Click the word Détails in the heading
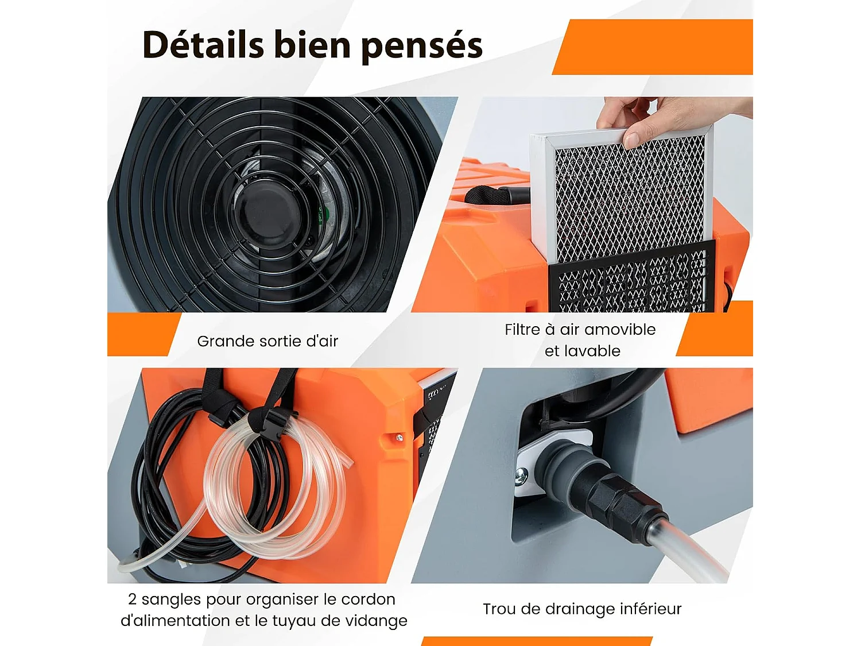[x=203, y=45]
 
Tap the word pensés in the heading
[x=422, y=46]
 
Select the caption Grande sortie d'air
[x=267, y=341]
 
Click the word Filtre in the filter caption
[x=522, y=330]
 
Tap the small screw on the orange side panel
[x=400, y=438]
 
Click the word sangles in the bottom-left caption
[x=171, y=599]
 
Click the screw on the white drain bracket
[x=522, y=475]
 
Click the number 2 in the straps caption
[x=132, y=599]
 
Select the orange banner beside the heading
[x=654, y=47]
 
